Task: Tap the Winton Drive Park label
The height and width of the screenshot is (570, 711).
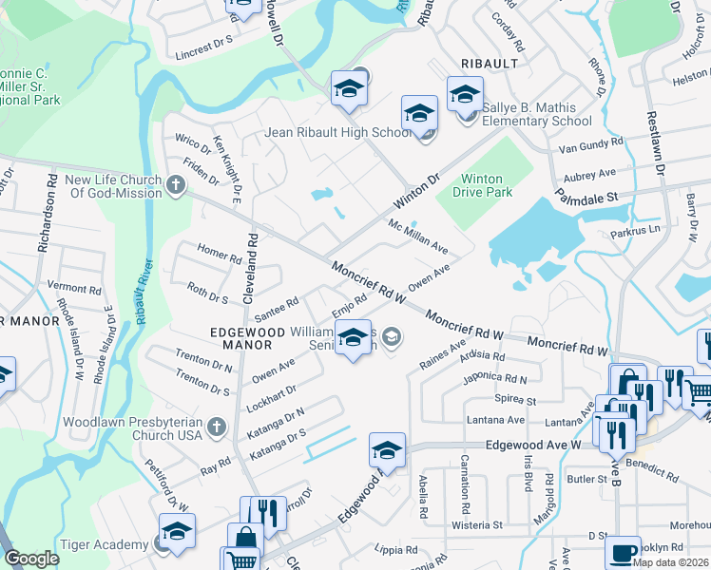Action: pyautogui.click(x=487, y=185)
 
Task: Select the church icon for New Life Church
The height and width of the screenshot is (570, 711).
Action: pyautogui.click(x=176, y=186)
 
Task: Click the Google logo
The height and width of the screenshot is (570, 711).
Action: pyautogui.click(x=31, y=559)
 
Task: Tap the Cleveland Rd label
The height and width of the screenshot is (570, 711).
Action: pyautogui.click(x=251, y=268)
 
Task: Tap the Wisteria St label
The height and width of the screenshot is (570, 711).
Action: pyautogui.click(x=477, y=524)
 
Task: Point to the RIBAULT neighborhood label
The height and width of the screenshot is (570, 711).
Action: pyautogui.click(x=489, y=63)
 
